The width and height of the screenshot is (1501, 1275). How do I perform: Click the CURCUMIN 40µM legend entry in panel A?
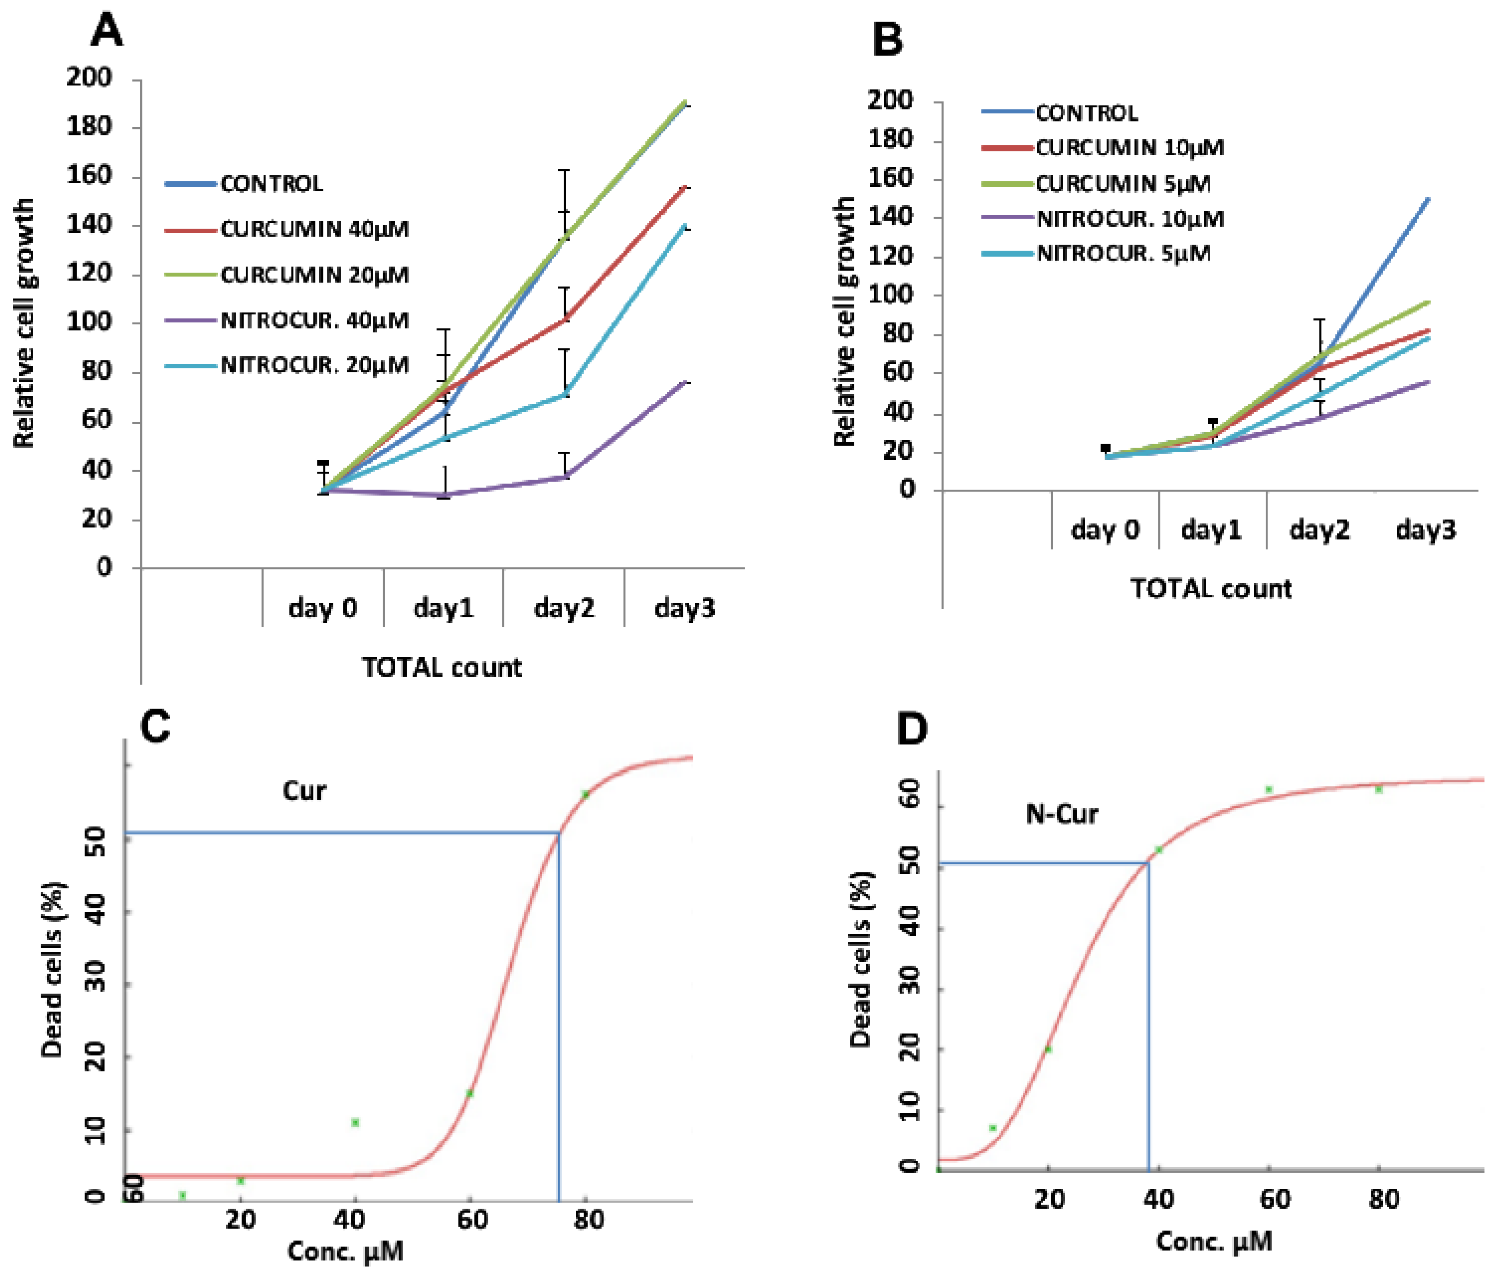click(x=314, y=229)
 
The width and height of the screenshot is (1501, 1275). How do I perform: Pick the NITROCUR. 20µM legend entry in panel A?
click(x=314, y=365)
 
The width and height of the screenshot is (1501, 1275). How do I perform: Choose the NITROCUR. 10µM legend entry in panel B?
click(x=1130, y=218)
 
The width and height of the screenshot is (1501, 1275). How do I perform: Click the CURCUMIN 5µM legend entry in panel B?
click(x=1123, y=184)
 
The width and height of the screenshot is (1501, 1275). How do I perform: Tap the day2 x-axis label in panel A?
click(x=563, y=608)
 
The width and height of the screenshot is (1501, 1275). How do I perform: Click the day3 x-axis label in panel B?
click(x=1425, y=530)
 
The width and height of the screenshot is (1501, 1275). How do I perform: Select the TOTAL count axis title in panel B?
click(x=1210, y=588)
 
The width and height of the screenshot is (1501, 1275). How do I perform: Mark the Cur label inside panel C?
click(x=304, y=791)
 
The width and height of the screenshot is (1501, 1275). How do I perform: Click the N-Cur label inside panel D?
click(x=1061, y=814)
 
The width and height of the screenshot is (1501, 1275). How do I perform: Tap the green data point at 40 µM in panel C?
click(x=355, y=1122)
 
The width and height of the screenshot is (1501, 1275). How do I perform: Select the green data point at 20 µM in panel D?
click(x=1048, y=1050)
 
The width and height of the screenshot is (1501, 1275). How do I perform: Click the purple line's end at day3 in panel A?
click(x=685, y=381)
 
